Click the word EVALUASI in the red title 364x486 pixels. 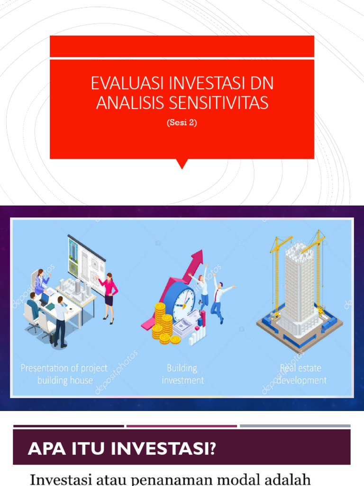[126, 84]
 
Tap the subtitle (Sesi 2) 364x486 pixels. [182, 122]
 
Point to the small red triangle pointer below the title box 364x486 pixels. [182, 164]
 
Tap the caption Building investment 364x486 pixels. [182, 374]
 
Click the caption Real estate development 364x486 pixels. [301, 374]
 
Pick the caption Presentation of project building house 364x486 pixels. [64, 374]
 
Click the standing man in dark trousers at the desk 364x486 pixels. [60, 321]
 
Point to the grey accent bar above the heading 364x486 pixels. [295, 426]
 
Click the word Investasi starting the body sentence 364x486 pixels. [57, 478]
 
